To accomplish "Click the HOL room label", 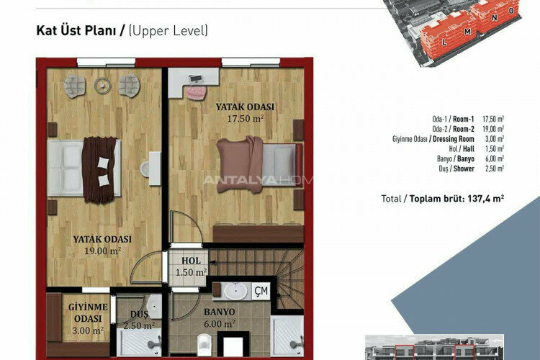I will pos(191,261).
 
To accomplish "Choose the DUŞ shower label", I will pos(140,315).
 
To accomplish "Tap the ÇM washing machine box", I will pos(261,291).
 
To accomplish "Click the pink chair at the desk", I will pos(195,91).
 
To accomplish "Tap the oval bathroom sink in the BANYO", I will pos(235,292).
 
